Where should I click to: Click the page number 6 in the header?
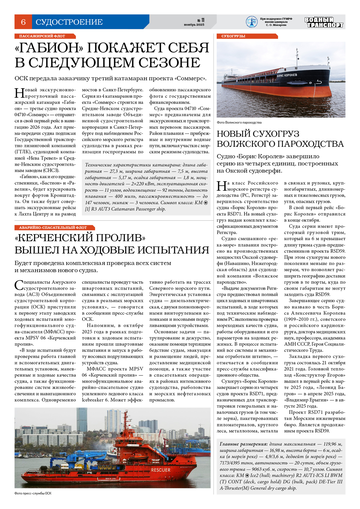click(x=23, y=22)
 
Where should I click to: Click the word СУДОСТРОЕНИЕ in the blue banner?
click(x=69, y=22)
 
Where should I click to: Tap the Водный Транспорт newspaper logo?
click(x=324, y=22)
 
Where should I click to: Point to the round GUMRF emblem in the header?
click(x=251, y=22)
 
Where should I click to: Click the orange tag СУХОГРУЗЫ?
click(x=233, y=36)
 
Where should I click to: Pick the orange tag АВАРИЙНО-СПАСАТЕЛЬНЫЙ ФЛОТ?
click(x=53, y=227)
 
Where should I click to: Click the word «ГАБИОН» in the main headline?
click(x=48, y=48)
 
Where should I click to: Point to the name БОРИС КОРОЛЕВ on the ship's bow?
click(x=287, y=75)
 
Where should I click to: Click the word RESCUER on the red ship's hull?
click(x=160, y=470)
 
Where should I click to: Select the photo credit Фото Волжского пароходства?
click(x=239, y=122)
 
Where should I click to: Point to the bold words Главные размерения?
click(x=243, y=444)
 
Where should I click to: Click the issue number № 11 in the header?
click(x=201, y=20)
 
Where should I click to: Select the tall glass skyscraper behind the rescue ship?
click(x=82, y=420)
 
